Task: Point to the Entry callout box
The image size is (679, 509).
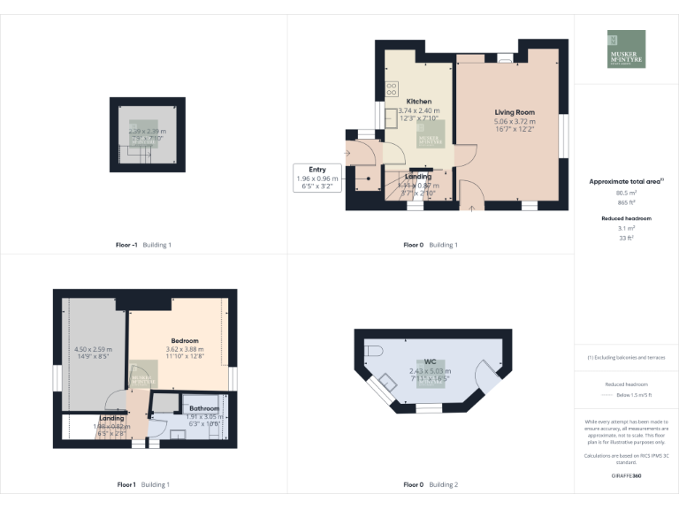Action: [317, 178]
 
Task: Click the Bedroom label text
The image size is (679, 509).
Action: [185, 340]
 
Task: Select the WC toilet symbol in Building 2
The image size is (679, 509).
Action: [373, 346]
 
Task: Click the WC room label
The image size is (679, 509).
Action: [429, 362]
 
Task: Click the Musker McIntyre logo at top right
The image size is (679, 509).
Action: [626, 49]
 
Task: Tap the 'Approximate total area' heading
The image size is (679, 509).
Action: [626, 181]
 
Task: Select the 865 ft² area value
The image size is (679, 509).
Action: [626, 202]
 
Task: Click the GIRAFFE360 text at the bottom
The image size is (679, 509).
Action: [625, 476]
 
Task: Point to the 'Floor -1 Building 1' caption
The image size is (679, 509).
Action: [143, 245]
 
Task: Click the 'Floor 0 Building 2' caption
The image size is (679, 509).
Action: [431, 484]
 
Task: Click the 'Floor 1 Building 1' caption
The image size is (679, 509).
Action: [143, 484]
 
